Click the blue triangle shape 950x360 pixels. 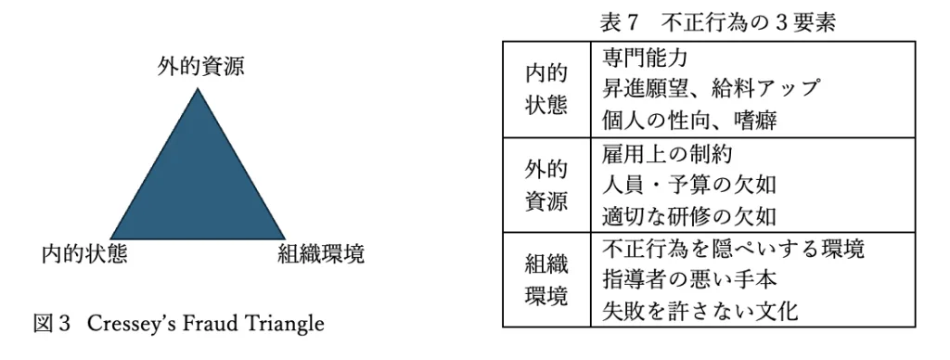tap(198, 182)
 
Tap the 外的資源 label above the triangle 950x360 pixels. tap(201, 66)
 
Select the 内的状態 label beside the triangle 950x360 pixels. tap(84, 254)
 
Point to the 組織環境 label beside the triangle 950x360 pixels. tap(321, 254)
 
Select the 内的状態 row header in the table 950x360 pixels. tap(546, 90)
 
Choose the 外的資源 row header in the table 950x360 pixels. tap(546, 185)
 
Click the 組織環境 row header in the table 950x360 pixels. tap(546, 280)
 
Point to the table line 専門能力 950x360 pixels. tap(646, 58)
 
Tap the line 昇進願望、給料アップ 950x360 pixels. tap(711, 89)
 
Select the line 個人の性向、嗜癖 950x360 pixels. tap(689, 121)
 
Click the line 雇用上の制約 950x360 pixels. tap(667, 153)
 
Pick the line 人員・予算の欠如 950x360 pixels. tap(689, 185)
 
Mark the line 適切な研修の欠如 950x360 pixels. tap(689, 216)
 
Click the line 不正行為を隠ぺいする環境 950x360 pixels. tap(733, 249)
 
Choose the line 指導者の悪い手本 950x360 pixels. tap(689, 279)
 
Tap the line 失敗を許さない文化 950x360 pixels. tap(700, 311)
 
